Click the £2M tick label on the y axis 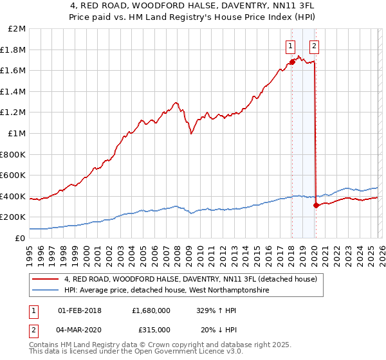tap(17, 29)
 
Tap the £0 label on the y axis tap(21, 238)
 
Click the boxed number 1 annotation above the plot tap(291, 46)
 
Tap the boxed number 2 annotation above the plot tap(314, 46)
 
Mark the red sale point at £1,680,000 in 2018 tap(292, 62)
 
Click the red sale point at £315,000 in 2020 tap(316, 205)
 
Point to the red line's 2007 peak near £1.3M tap(175, 102)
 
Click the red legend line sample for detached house tap(45, 280)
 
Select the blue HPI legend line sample tap(45, 291)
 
